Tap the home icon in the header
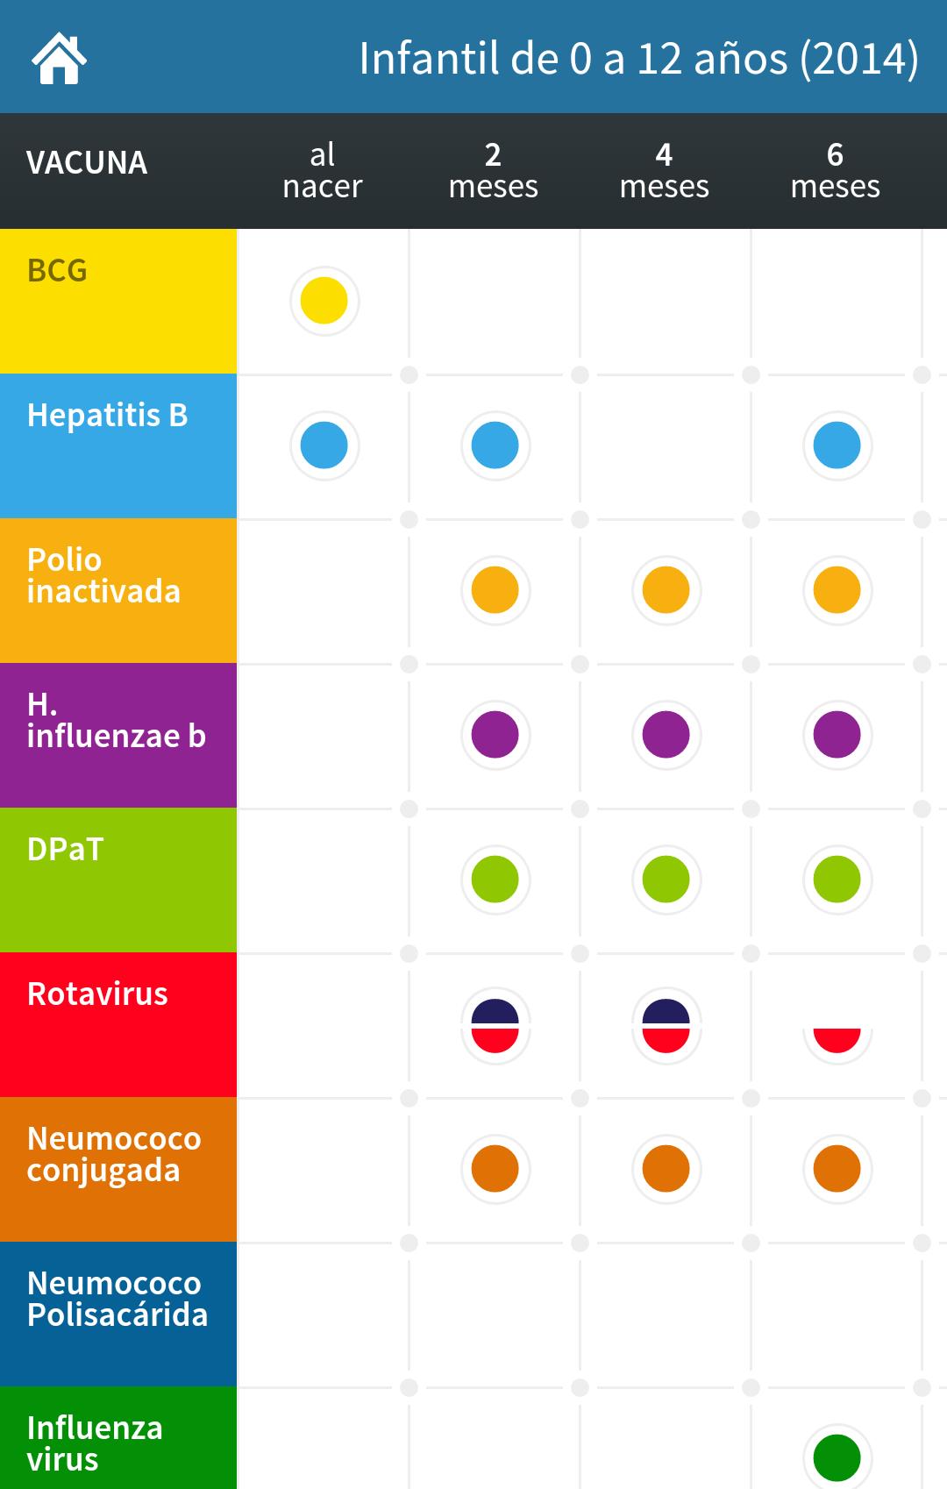pyautogui.click(x=59, y=58)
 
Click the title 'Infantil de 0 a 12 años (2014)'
pyautogui.click(x=638, y=59)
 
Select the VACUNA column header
pyautogui.click(x=87, y=163)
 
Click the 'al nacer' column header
pyautogui.click(x=323, y=170)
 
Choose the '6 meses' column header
pyautogui.click(x=835, y=170)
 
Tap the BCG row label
pyautogui.click(x=58, y=271)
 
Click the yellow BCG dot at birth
pyautogui.click(x=324, y=301)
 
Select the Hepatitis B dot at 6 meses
pyautogui.click(x=837, y=445)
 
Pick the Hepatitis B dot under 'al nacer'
pyautogui.click(x=324, y=445)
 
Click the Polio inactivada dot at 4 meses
pyautogui.click(x=666, y=590)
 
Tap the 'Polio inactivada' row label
pyautogui.click(x=103, y=576)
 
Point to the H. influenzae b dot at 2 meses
pyautogui.click(x=495, y=735)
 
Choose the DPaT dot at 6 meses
pyautogui.click(x=837, y=880)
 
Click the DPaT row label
pyautogui.click(x=66, y=850)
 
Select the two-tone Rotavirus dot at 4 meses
pyautogui.click(x=666, y=1025)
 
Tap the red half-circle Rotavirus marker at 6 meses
pyautogui.click(x=837, y=1038)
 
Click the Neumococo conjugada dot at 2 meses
pyautogui.click(x=495, y=1169)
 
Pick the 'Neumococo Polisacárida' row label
pyautogui.click(x=117, y=1300)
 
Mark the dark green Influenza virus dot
pyautogui.click(x=837, y=1457)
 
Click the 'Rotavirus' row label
pyautogui.click(x=97, y=994)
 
